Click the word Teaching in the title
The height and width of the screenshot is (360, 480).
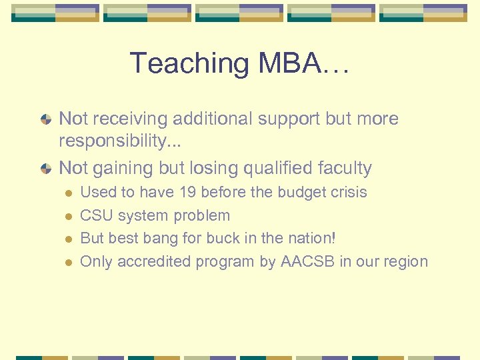(186, 63)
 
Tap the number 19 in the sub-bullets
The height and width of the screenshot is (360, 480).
(189, 193)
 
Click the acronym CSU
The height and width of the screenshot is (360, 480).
(95, 215)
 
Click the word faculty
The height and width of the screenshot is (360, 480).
(347, 168)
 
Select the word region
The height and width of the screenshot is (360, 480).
(404, 261)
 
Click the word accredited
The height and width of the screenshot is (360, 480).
(153, 261)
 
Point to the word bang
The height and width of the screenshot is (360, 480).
(167, 239)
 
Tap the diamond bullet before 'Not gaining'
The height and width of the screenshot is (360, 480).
(45, 169)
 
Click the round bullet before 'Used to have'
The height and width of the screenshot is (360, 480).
(67, 193)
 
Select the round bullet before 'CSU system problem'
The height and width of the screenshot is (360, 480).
(67, 216)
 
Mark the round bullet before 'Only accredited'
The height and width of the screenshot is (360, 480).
(67, 262)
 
